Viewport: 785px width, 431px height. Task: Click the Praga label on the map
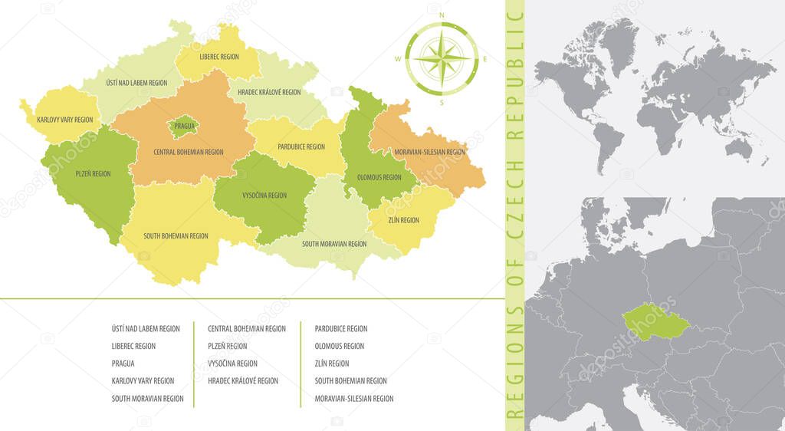[184, 125]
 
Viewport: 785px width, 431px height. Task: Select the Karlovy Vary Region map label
[64, 120]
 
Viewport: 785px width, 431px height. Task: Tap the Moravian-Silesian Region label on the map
[429, 152]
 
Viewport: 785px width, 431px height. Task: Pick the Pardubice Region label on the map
[301, 146]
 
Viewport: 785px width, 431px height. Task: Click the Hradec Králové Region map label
[269, 92]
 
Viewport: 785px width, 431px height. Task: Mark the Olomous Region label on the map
[379, 177]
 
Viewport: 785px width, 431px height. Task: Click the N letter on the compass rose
[441, 15]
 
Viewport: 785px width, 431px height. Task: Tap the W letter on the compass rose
[399, 58]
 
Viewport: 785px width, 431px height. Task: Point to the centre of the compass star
[442, 58]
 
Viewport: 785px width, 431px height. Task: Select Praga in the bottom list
[123, 364]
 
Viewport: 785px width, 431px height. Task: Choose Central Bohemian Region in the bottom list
[247, 328]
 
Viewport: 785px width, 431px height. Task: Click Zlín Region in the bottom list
[332, 364]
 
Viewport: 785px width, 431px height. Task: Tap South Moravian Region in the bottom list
[147, 399]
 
